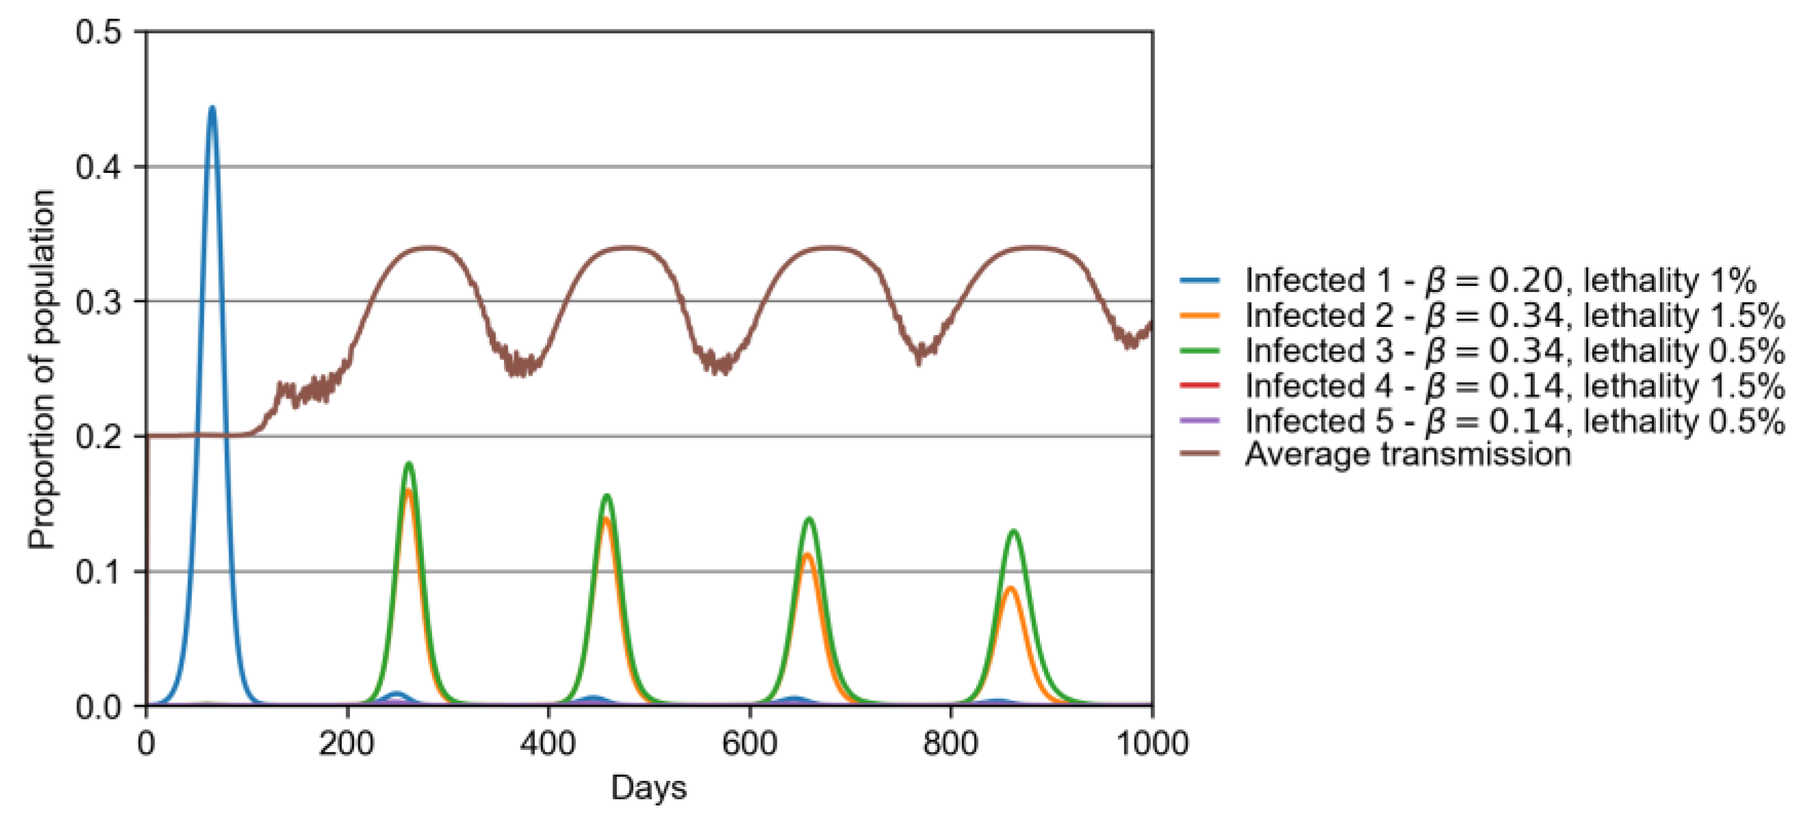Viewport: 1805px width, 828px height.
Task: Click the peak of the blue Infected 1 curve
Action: pyautogui.click(x=213, y=108)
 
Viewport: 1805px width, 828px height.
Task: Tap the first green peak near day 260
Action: pyautogui.click(x=410, y=463)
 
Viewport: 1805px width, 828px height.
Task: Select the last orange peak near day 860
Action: pyautogui.click(x=1011, y=588)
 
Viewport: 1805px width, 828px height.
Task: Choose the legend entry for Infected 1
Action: pyautogui.click(x=1499, y=280)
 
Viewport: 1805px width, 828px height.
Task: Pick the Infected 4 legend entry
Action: pyautogui.click(x=1514, y=385)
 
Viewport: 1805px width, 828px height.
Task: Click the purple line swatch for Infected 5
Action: pyautogui.click(x=1200, y=420)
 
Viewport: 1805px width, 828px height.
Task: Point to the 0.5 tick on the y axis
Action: pyautogui.click(x=97, y=31)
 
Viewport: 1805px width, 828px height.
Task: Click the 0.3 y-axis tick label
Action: pyautogui.click(x=97, y=302)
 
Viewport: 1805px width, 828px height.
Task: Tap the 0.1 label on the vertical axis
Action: pyautogui.click(x=97, y=572)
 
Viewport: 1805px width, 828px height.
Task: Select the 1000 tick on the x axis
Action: pyautogui.click(x=1152, y=743)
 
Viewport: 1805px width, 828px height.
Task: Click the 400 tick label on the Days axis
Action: pyautogui.click(x=548, y=743)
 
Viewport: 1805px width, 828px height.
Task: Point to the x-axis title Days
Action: pyautogui.click(x=648, y=788)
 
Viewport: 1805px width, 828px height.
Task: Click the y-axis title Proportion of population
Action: pyautogui.click(x=42, y=369)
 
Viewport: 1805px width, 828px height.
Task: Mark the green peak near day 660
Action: pyautogui.click(x=810, y=518)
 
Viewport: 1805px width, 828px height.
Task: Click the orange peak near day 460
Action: pyautogui.click(x=606, y=519)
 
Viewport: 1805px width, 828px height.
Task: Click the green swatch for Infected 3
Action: pyautogui.click(x=1200, y=350)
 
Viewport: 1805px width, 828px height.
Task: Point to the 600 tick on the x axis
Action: pyautogui.click(x=750, y=743)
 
